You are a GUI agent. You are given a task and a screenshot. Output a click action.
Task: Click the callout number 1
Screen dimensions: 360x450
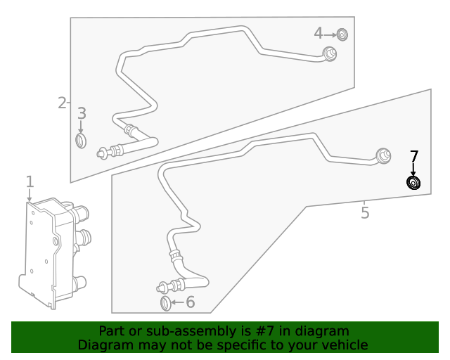(30, 183)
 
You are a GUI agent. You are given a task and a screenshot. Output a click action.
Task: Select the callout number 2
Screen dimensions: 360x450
(62, 103)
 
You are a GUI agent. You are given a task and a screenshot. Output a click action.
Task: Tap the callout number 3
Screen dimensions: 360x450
(82, 113)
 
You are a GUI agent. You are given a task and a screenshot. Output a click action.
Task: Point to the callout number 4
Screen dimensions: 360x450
(318, 33)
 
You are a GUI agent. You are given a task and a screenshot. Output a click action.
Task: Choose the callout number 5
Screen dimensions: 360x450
(365, 212)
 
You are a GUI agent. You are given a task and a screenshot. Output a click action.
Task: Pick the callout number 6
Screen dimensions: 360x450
(190, 302)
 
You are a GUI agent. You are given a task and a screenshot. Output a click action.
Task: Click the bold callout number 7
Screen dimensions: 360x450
(414, 157)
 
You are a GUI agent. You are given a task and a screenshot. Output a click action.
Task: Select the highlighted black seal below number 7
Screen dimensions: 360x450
(414, 184)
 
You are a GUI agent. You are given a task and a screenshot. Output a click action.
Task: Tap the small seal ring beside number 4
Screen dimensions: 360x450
(342, 34)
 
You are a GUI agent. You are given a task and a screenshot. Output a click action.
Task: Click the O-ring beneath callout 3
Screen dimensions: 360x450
(82, 141)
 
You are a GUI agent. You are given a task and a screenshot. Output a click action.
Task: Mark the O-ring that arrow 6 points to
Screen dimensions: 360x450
(165, 303)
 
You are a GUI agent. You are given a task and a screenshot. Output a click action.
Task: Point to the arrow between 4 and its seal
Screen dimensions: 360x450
(330, 34)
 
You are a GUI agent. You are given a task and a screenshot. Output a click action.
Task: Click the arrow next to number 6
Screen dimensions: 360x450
(177, 303)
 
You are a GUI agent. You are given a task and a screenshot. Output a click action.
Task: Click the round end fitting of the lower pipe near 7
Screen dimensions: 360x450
(384, 156)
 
